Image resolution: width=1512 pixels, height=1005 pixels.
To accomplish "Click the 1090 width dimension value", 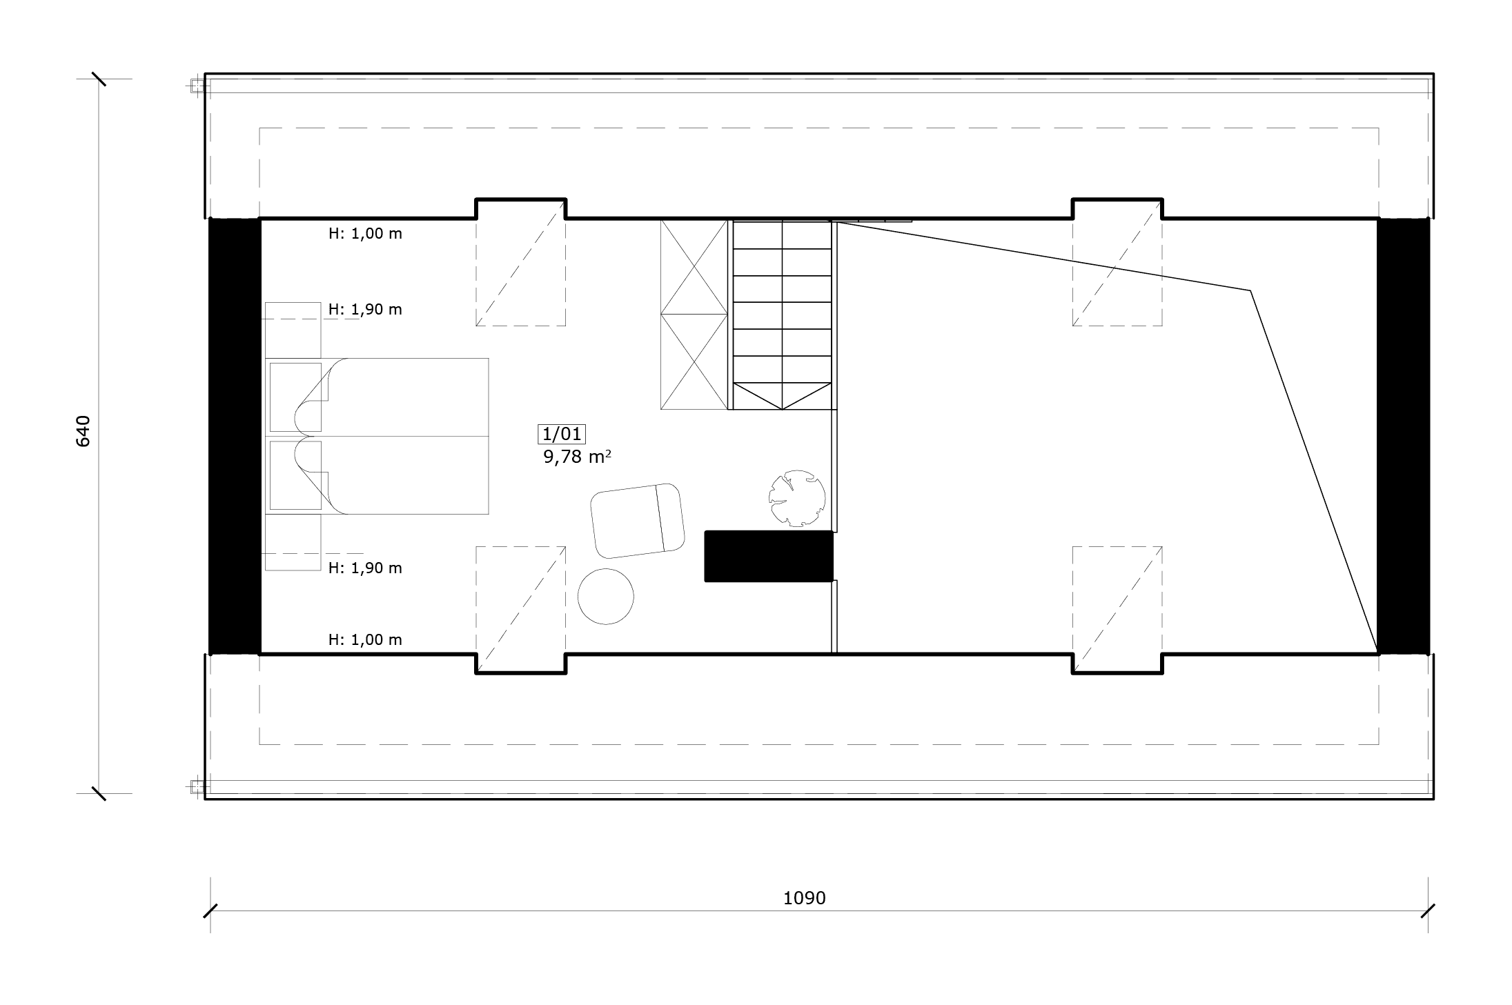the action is click(804, 898).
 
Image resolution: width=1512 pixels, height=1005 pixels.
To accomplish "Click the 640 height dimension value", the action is click(83, 431).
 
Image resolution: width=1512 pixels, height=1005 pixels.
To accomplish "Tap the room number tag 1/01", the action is click(562, 434).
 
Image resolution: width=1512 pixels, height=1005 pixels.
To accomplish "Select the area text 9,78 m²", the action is click(578, 457).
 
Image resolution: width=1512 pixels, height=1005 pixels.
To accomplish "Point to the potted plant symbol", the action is click(797, 499).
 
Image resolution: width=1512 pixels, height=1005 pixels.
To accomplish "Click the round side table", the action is click(605, 597).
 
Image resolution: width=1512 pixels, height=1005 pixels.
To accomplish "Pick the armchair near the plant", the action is click(638, 521).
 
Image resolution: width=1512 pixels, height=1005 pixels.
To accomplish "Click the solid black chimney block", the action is click(769, 556).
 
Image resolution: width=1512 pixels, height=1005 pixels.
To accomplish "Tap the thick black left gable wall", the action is click(235, 436).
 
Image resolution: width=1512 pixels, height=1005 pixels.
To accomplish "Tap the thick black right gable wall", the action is click(1403, 436).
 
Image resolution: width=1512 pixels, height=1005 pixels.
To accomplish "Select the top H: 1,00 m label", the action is click(365, 234).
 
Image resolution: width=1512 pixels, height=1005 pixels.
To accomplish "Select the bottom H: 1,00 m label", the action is click(365, 639).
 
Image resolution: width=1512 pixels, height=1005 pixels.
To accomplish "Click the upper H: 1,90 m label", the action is click(365, 309).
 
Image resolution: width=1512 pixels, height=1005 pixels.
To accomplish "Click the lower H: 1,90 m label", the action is click(365, 568).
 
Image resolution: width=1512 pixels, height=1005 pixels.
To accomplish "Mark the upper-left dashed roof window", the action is click(520, 263).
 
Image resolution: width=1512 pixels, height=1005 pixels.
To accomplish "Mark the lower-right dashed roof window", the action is click(1117, 610).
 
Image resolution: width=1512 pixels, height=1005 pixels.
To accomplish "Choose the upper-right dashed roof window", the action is click(1117, 263).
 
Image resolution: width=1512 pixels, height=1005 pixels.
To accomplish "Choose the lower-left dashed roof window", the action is click(520, 610).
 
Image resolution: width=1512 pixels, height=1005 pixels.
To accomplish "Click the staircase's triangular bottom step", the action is click(782, 396).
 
